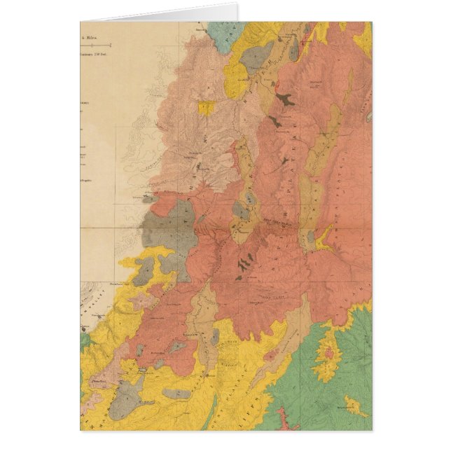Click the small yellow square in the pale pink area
click(206, 107)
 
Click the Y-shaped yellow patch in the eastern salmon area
click(324, 242)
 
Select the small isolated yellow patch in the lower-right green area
click(356, 405)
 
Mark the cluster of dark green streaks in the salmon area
click(245, 265)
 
